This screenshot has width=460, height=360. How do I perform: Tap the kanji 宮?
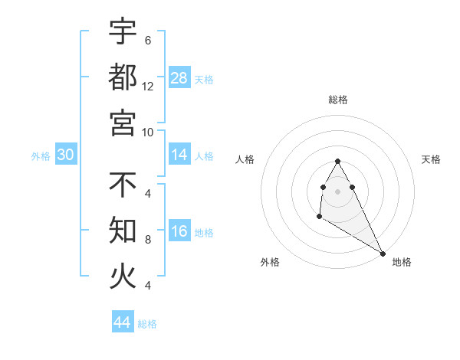[x=123, y=122]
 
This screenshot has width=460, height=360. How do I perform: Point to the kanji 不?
[x=123, y=185]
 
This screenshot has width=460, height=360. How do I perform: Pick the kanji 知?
[x=123, y=230]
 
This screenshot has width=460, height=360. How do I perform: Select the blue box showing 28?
[x=179, y=78]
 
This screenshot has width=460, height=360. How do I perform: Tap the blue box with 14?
[x=179, y=155]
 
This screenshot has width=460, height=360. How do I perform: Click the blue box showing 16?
[x=179, y=232]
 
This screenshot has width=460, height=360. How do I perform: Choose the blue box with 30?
[x=66, y=155]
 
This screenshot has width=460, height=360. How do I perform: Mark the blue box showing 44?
[x=123, y=322]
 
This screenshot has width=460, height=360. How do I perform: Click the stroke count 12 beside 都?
[x=148, y=86]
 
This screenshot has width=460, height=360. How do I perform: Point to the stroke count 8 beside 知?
[x=147, y=239]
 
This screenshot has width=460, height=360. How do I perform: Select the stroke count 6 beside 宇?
[x=147, y=40]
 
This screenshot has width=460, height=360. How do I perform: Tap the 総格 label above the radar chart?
[x=338, y=100]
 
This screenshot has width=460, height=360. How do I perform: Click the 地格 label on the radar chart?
[x=402, y=262]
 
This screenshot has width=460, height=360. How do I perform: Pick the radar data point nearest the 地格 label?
[x=383, y=254]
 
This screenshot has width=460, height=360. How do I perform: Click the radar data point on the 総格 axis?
[x=337, y=162]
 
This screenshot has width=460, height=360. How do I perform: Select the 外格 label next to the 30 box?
[x=41, y=156]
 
